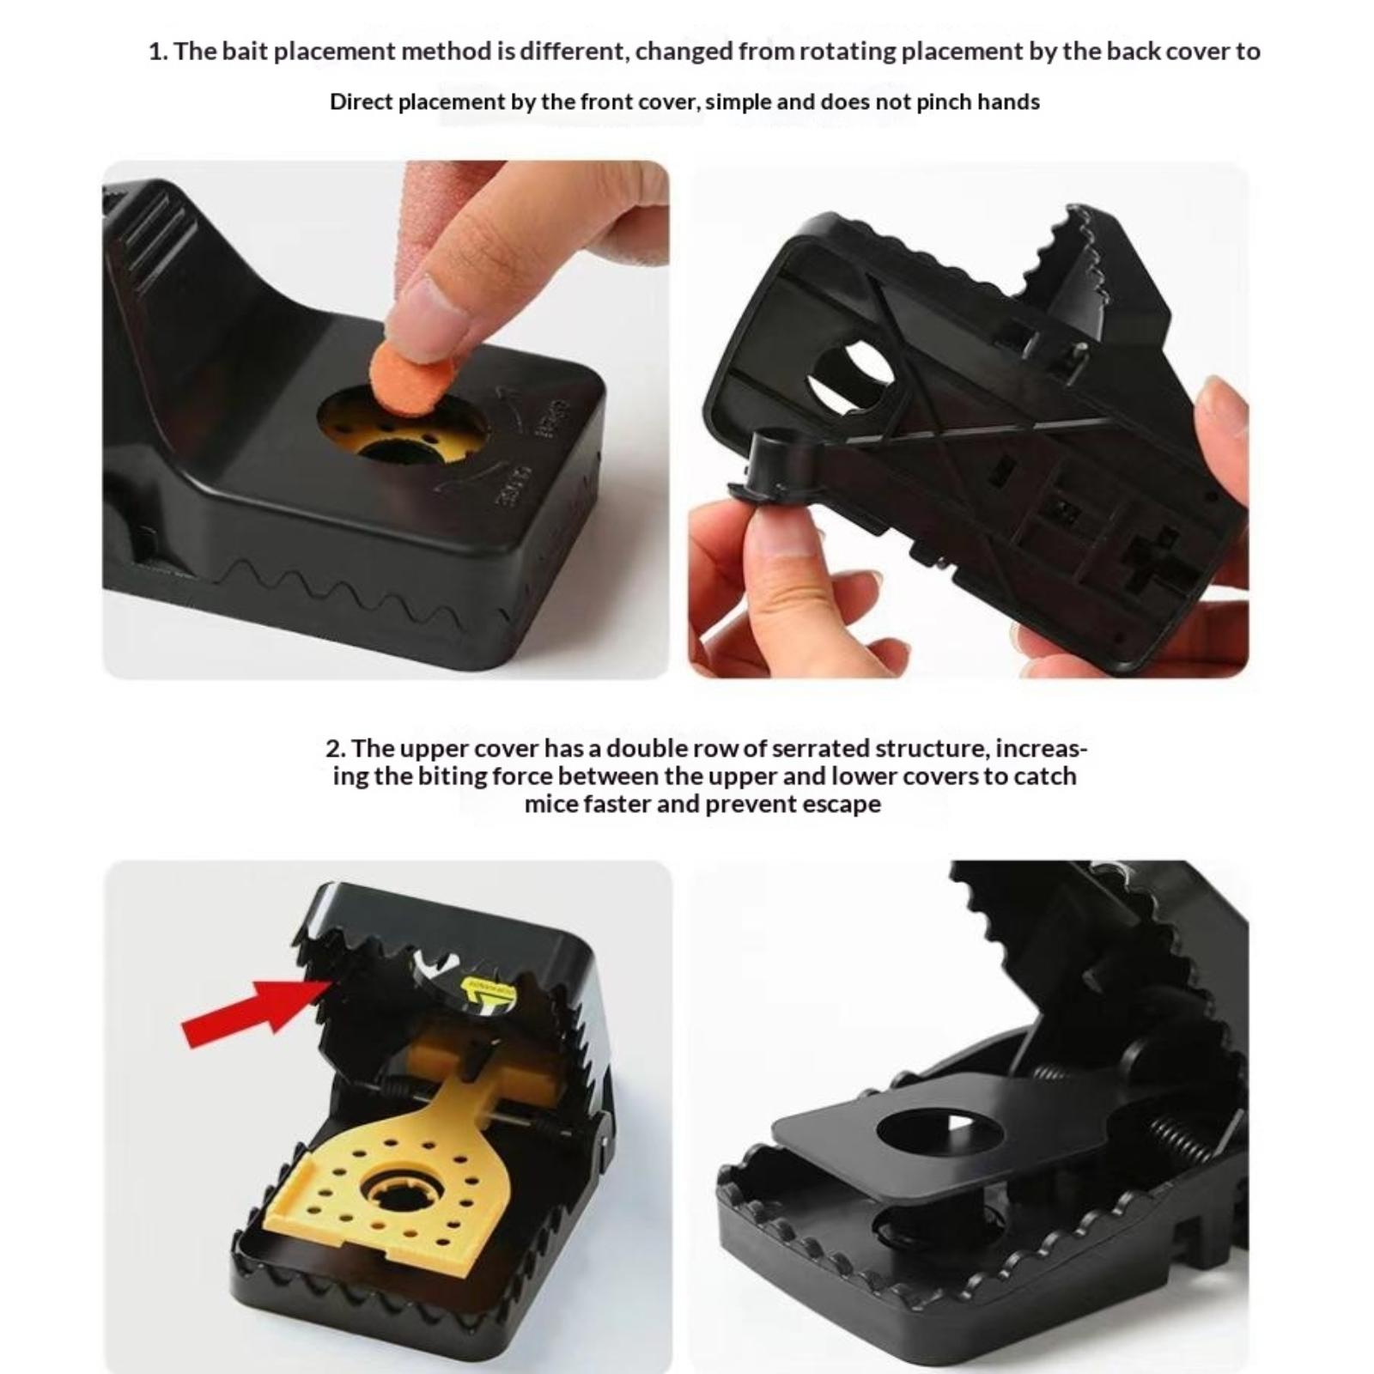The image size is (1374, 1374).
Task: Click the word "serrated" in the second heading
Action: tap(820, 749)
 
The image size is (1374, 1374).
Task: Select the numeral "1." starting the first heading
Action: tap(158, 52)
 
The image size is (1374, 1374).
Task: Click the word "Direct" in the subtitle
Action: tap(361, 102)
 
